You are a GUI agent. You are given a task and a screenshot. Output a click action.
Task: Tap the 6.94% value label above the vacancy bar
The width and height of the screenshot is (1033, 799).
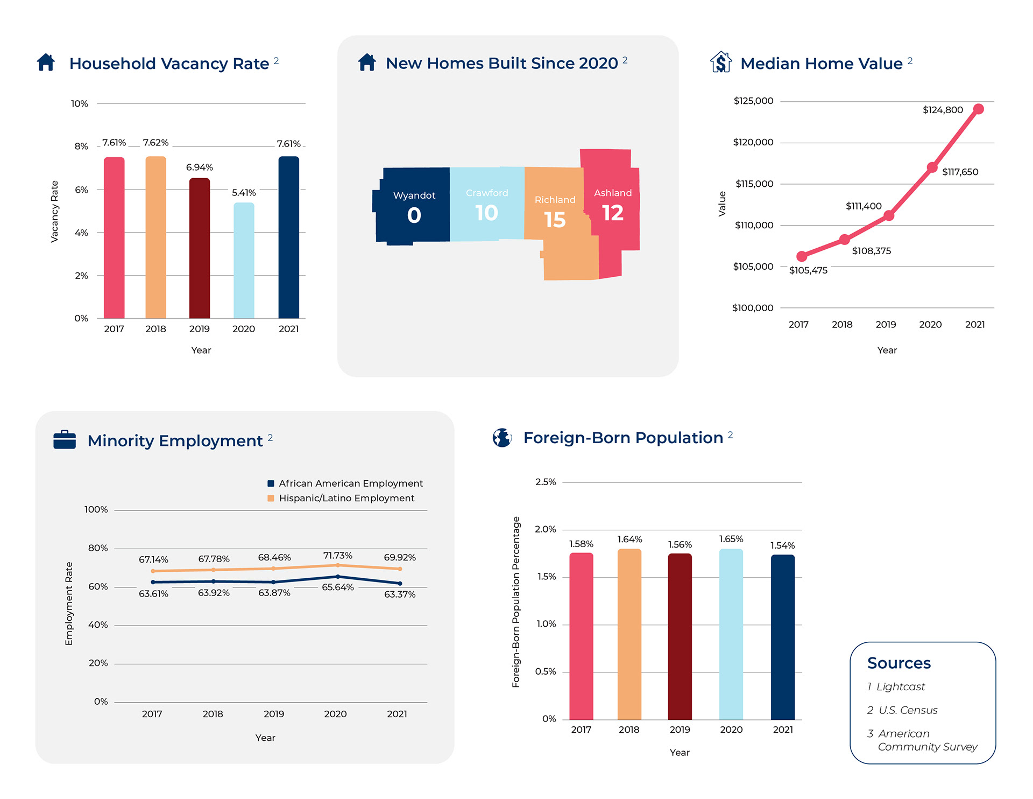200,167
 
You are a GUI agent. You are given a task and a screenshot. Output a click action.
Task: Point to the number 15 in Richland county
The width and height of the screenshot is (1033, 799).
555,220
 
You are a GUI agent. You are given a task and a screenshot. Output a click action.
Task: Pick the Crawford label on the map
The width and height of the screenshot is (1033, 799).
487,193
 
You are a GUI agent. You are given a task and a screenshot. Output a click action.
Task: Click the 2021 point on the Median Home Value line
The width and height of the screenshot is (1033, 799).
979,109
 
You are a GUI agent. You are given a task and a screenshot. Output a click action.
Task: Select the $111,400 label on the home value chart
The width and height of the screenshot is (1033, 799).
864,206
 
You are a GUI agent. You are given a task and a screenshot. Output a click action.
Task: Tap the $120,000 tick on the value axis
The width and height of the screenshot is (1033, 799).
753,142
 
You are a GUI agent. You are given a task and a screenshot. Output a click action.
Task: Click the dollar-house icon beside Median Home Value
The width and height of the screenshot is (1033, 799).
721,62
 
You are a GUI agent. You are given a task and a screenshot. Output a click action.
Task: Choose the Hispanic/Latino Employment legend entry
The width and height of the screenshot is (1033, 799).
346,499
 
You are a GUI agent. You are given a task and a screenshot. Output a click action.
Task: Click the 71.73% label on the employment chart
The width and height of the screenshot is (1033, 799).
338,556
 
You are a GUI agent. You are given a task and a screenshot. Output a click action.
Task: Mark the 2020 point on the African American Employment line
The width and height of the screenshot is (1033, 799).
338,577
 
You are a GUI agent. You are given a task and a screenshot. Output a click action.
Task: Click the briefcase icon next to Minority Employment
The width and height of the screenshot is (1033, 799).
65,439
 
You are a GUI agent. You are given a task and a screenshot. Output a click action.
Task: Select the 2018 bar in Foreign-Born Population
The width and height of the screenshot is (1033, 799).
629,634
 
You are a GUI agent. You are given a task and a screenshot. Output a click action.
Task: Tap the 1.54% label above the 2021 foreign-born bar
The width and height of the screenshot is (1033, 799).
783,546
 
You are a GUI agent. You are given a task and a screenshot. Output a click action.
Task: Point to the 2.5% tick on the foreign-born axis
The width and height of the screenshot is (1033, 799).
546,482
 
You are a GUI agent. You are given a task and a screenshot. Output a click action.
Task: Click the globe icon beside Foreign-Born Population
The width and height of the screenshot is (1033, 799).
502,438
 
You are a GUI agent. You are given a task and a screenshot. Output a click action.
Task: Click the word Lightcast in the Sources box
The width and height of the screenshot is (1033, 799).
901,687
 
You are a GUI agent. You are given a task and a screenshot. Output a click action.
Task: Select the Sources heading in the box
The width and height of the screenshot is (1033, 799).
898,663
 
